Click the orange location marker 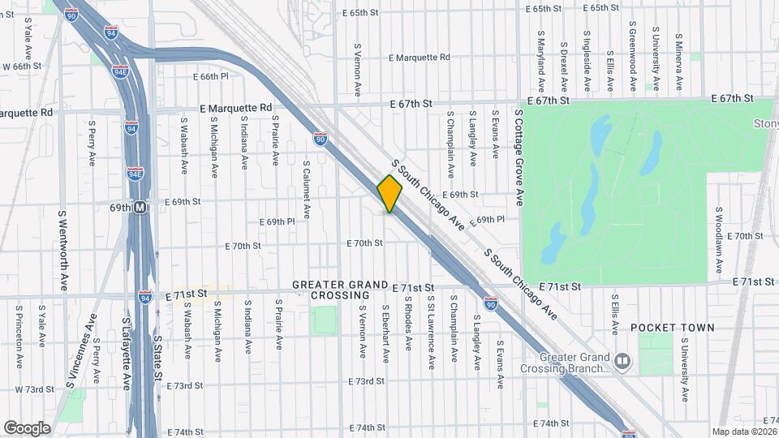click(389, 194)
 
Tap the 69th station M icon click(140, 208)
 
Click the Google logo click(27, 427)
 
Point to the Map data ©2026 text click(743, 431)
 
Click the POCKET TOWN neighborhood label click(673, 328)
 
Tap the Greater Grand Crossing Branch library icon click(622, 359)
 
